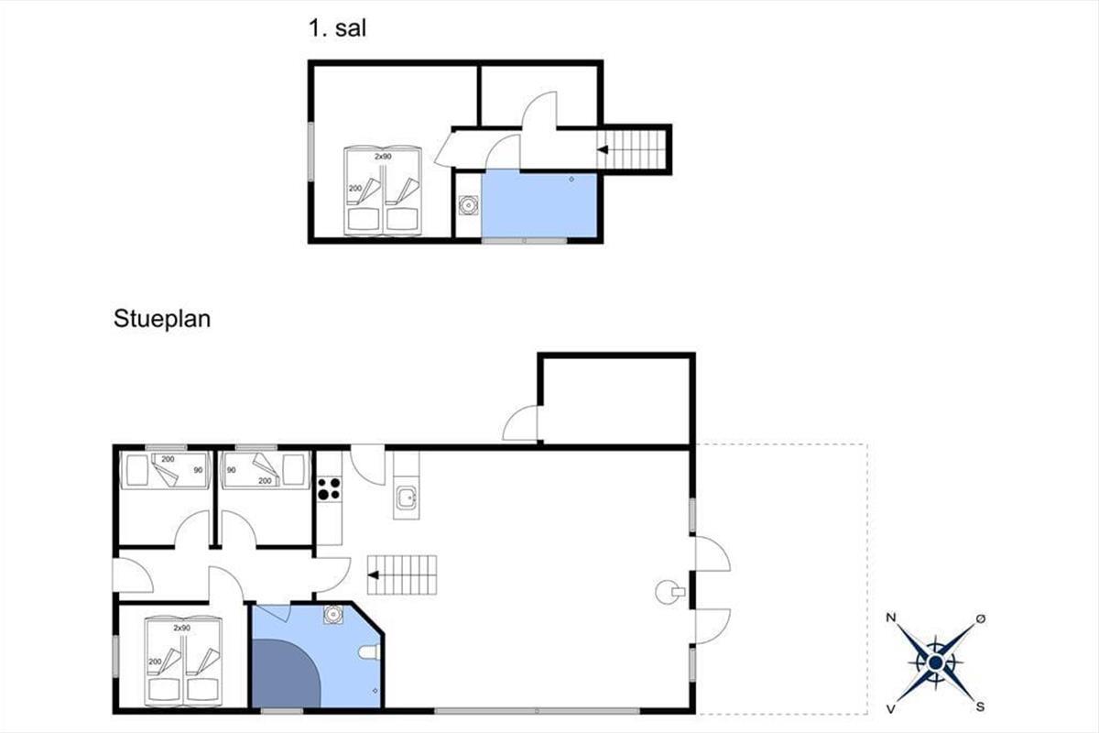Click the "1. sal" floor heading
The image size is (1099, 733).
338,28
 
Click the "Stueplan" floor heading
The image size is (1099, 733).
162,319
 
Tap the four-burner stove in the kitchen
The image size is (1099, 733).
329,488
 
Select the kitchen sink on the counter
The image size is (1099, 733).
407,499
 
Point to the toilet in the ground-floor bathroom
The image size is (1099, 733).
370,652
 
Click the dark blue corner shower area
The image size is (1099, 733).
285,673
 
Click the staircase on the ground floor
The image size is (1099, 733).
402,574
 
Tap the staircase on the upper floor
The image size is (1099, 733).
634,149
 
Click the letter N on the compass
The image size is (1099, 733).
891,618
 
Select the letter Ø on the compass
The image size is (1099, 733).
980,618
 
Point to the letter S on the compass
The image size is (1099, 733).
980,707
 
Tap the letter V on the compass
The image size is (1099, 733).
891,709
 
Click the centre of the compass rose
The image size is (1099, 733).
936,662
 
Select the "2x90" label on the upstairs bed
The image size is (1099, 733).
383,157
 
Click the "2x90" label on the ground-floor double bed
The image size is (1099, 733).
181,628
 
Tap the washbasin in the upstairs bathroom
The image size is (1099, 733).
469,204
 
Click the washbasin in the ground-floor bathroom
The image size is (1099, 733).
333,614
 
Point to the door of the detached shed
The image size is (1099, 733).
520,422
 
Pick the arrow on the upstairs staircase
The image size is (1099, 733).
603,149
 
